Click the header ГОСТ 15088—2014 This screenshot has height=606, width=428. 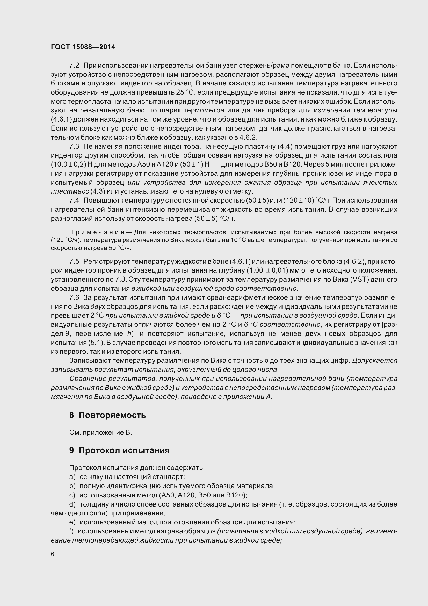[83, 47]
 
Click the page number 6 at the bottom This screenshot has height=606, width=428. [53, 554]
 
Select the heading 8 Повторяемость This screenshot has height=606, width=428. [108, 415]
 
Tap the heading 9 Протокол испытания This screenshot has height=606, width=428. [119, 450]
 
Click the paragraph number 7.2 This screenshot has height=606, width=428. [74, 65]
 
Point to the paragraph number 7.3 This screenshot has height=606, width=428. [74, 146]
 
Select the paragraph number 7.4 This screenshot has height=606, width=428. [74, 200]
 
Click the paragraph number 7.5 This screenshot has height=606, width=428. [74, 261]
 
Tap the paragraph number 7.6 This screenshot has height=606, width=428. [74, 297]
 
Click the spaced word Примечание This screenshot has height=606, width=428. [97, 232]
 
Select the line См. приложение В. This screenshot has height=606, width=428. [100, 433]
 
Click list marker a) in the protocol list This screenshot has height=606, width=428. [72, 477]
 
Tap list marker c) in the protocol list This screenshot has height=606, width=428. [72, 495]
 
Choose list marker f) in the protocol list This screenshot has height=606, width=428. [71, 531]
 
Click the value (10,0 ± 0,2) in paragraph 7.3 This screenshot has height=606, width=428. [69, 165]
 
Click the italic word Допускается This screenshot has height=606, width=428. [374, 361]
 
